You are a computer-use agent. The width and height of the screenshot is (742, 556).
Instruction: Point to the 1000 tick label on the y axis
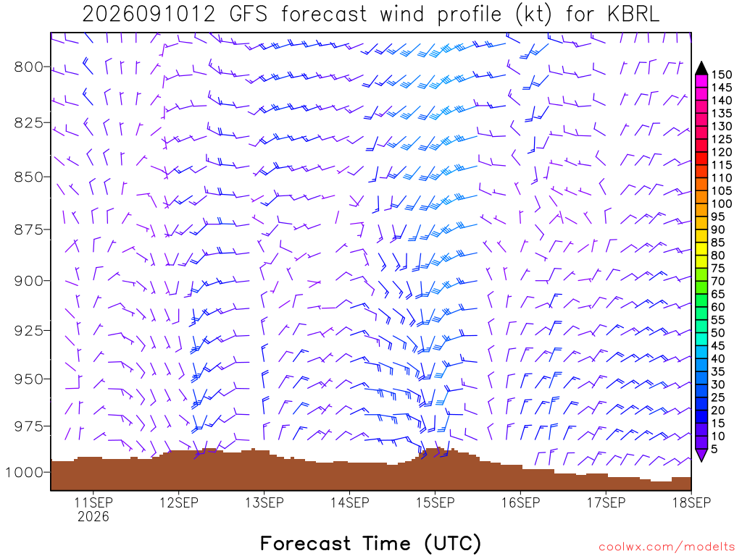coord(24,472)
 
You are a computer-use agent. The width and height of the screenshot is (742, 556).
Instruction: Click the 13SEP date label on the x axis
coord(264,502)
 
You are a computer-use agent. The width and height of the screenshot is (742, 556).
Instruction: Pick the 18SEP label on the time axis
coord(691,502)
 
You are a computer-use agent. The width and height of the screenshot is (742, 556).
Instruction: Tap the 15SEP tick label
coord(435,502)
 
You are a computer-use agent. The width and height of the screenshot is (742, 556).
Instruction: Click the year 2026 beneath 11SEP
coord(93,516)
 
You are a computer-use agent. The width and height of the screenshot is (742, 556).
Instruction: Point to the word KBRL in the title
coord(633,14)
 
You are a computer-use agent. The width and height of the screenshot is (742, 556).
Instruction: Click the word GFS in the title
coord(248,14)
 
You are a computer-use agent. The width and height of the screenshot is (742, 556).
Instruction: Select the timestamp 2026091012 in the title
coord(149,14)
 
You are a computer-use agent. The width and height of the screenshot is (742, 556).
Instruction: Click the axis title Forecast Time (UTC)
coord(370,543)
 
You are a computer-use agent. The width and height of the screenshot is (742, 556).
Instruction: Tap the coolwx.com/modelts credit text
coord(667,547)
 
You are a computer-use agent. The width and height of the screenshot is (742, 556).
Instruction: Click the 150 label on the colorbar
coord(722,75)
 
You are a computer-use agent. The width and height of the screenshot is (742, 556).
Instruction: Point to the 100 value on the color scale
coord(722,203)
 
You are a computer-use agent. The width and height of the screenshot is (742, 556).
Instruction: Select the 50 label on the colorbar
coord(718,333)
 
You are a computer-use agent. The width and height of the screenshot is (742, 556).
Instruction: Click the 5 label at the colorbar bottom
coord(714,449)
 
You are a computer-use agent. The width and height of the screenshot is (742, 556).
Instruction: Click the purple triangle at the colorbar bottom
coord(701,455)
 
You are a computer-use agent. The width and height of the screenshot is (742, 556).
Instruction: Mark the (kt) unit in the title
coord(533,14)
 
